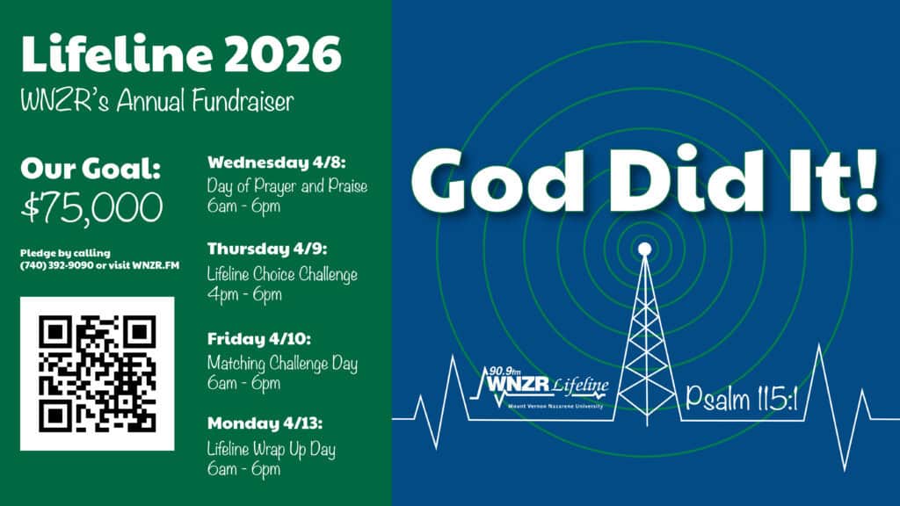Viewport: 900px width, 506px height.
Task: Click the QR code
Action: [x=97, y=373]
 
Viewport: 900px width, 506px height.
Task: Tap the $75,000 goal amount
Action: [x=91, y=207]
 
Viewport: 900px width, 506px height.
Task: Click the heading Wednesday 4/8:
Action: [x=276, y=163]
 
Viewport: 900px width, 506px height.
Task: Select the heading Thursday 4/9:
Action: [x=268, y=249]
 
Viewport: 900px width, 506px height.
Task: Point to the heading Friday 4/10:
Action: [x=258, y=338]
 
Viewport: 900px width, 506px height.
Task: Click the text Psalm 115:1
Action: [x=740, y=401]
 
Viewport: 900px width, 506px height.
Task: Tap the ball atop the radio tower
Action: [x=645, y=249]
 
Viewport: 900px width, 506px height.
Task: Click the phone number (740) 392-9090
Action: [x=54, y=266]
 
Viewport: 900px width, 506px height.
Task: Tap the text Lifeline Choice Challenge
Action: [x=282, y=274]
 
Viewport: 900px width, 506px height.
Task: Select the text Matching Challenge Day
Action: [x=282, y=362]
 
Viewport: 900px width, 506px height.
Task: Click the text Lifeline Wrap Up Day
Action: [x=271, y=449]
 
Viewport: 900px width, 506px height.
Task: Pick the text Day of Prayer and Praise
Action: [x=287, y=186]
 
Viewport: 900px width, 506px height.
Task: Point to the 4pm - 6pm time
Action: [x=244, y=295]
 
